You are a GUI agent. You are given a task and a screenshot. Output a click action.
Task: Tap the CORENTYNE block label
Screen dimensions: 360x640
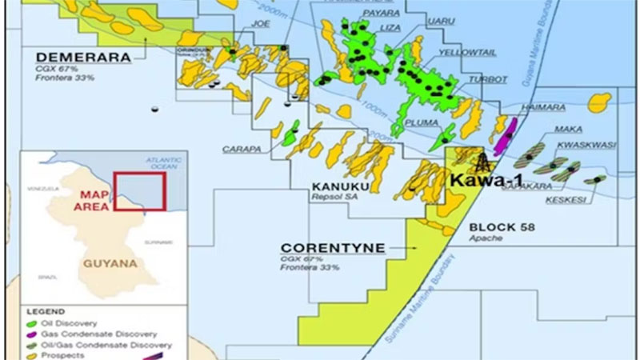tap(332, 248)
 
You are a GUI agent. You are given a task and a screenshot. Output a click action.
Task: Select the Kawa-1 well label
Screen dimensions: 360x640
tap(481, 181)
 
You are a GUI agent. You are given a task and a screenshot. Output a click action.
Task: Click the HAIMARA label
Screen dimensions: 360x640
tap(538, 106)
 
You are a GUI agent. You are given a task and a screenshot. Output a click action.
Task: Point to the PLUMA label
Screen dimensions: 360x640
tap(422, 123)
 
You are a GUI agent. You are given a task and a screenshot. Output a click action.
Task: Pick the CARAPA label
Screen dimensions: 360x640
tap(238, 149)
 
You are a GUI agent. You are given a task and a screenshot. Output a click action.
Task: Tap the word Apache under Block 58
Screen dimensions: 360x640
tap(486, 239)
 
